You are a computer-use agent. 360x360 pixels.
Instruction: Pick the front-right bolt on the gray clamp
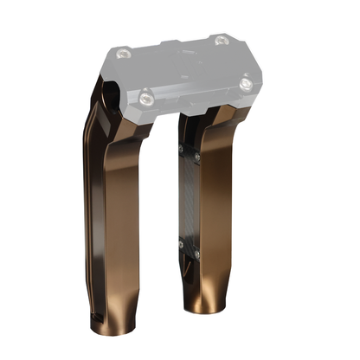(x=247, y=83)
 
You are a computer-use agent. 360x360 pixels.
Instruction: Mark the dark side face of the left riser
(x=97, y=199)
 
